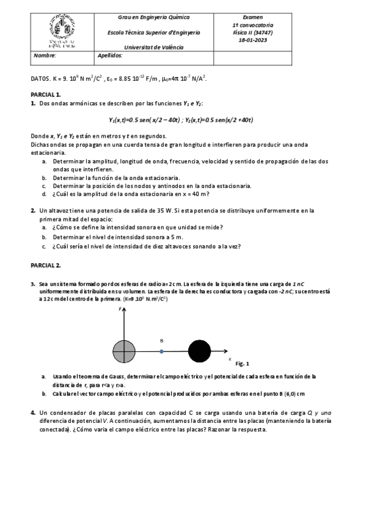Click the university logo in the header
pyautogui.click(x=61, y=32)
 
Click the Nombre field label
pyautogui.click(x=45, y=55)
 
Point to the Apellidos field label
pyautogui.click(x=110, y=55)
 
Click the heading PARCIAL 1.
pyautogui.click(x=45, y=95)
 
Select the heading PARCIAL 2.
pyautogui.click(x=45, y=265)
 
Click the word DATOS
pyautogui.click(x=41, y=78)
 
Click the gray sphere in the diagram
pyautogui.click(x=124, y=351)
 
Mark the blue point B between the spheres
pyautogui.click(x=161, y=351)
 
